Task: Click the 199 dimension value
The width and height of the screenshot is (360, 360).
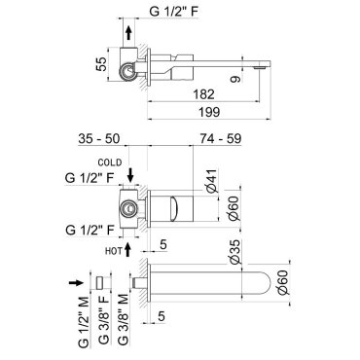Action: [x=209, y=112]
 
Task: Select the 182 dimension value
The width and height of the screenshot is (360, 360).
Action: [x=203, y=94]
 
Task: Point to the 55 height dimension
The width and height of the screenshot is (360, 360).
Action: [x=101, y=64]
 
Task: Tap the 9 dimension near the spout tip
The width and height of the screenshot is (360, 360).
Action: [x=236, y=79]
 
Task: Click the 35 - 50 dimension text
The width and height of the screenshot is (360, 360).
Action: [x=99, y=138]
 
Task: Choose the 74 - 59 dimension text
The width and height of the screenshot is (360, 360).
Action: [x=221, y=138]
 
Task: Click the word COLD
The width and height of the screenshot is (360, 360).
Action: [x=110, y=162]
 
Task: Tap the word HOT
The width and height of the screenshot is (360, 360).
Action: [x=114, y=250]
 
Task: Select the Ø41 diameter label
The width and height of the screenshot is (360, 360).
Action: [x=213, y=181]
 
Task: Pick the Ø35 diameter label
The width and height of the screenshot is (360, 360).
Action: [x=235, y=252]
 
